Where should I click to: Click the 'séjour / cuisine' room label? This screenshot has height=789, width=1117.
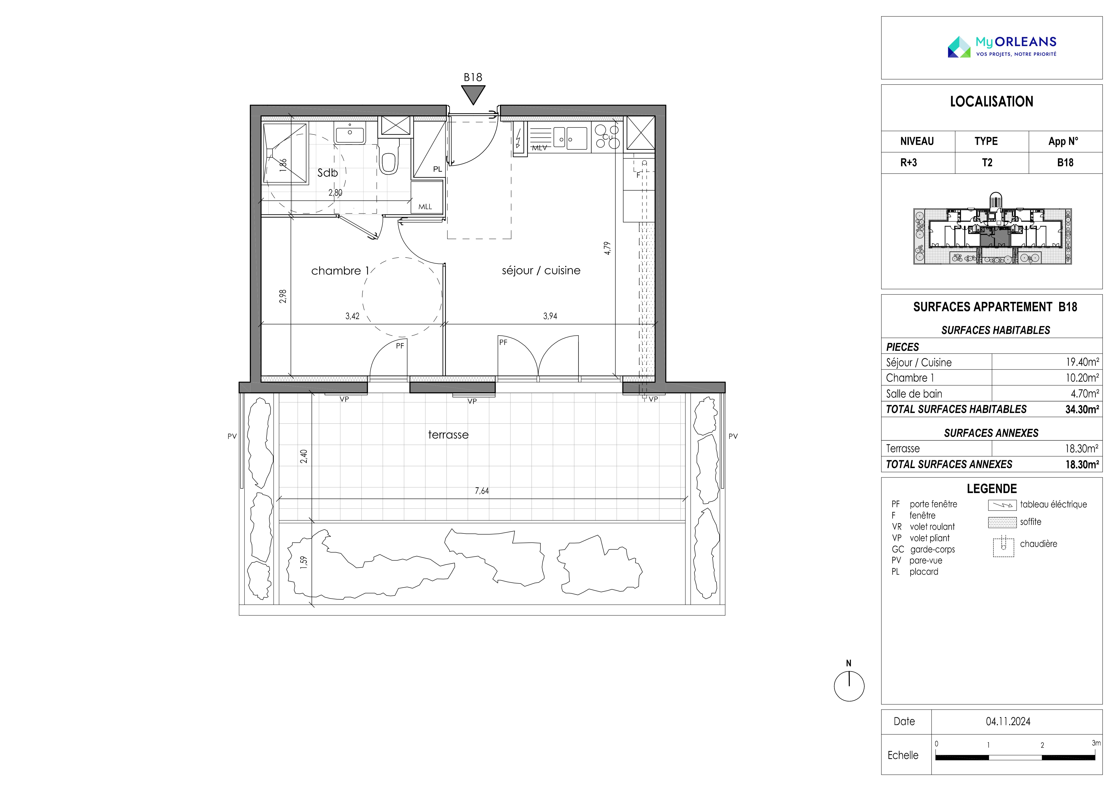[x=541, y=270]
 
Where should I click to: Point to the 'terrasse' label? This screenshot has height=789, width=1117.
[x=448, y=435]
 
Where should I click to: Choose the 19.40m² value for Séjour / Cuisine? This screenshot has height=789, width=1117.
[x=1082, y=362]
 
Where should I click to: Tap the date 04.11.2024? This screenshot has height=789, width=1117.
[x=1008, y=722]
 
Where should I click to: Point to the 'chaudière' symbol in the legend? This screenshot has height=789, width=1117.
[x=1003, y=546]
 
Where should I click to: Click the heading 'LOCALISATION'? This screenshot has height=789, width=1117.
[x=991, y=102]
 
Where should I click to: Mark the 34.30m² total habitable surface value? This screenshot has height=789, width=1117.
[x=1082, y=409]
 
